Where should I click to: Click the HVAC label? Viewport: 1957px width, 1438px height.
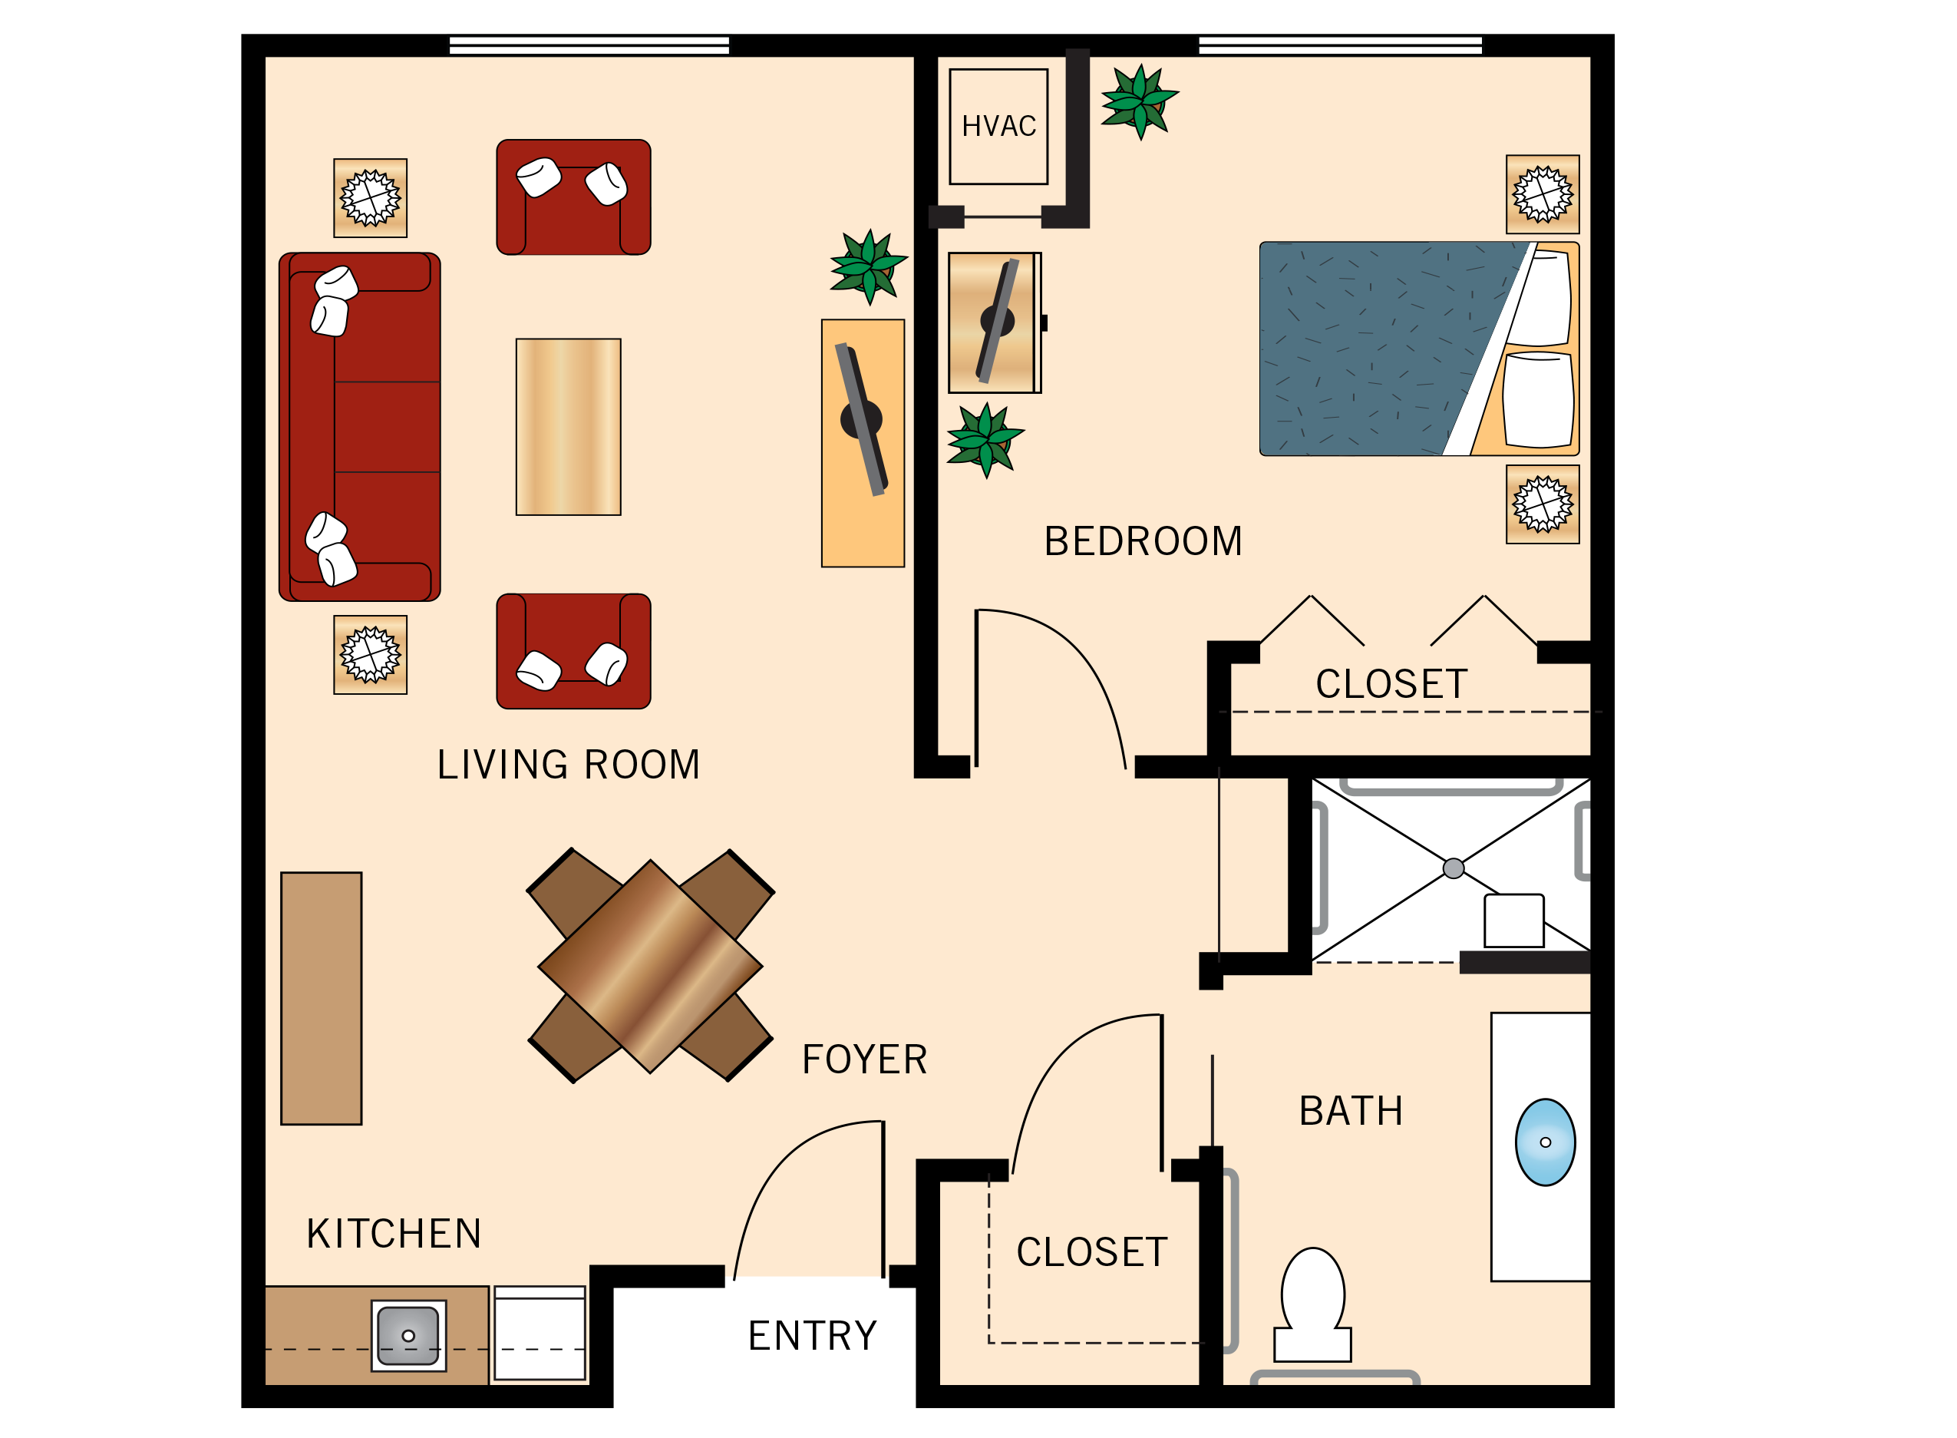tap(999, 126)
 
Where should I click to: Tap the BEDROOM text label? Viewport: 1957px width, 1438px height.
tap(1143, 541)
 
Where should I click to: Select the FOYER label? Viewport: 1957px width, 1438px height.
tap(864, 1060)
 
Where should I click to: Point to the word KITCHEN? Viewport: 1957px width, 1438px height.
tap(393, 1235)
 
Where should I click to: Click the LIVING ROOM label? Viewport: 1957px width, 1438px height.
tap(568, 765)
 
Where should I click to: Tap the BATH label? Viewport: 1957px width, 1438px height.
tap(1351, 1112)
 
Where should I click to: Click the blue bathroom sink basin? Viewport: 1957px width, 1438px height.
tap(1545, 1142)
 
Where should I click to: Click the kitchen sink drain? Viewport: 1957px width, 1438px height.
tap(408, 1335)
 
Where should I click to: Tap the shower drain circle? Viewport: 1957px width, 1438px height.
tap(1454, 868)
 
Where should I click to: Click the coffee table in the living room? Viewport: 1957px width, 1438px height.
tap(568, 428)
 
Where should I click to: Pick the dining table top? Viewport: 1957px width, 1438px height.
tap(650, 966)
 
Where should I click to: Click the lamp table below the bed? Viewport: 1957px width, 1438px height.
tap(1542, 504)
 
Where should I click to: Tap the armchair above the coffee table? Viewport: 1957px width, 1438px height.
tap(573, 197)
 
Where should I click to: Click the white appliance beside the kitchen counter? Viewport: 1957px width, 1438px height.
tap(540, 1333)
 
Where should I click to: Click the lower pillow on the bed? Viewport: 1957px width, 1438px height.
tap(1537, 399)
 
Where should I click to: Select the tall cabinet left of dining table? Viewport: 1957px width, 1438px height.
tap(321, 998)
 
